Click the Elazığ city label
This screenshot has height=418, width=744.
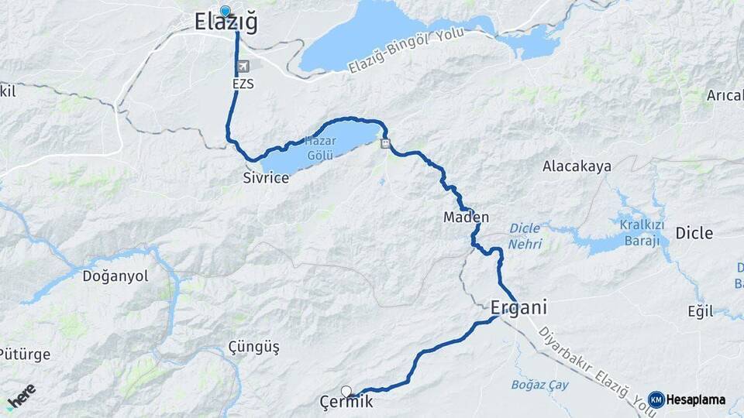click(226, 24)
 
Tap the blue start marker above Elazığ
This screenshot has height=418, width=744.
click(226, 11)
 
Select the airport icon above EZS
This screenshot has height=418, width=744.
click(244, 67)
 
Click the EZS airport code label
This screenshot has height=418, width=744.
click(242, 83)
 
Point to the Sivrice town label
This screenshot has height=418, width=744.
click(266, 178)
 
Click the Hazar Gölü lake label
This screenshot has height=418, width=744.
click(319, 147)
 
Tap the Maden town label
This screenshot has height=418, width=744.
click(466, 217)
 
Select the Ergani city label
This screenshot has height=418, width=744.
click(518, 307)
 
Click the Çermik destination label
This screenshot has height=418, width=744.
click(346, 402)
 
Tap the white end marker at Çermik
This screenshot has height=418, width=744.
click(346, 391)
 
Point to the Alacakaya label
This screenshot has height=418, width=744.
click(577, 166)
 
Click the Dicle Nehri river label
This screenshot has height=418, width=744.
click(525, 236)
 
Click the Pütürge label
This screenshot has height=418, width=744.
click(26, 355)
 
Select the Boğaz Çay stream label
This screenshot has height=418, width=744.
click(540, 385)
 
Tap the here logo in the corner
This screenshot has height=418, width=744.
click(21, 395)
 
